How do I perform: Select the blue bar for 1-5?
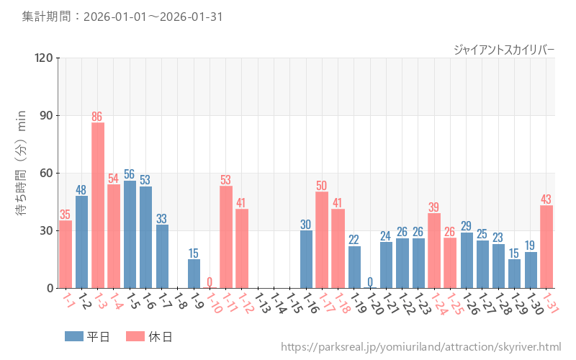(130, 234)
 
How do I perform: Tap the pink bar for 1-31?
(546, 246)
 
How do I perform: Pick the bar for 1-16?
(306, 259)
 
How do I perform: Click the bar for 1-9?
(194, 274)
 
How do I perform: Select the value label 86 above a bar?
(98, 116)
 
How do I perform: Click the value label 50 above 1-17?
(322, 185)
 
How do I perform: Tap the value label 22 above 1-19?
(354, 240)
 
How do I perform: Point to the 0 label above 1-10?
(210, 282)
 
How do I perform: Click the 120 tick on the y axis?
(44, 58)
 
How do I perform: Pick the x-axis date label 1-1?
(68, 300)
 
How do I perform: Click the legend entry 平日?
(86, 336)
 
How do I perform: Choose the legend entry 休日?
(149, 336)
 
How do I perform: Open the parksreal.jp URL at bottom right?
(420, 348)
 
